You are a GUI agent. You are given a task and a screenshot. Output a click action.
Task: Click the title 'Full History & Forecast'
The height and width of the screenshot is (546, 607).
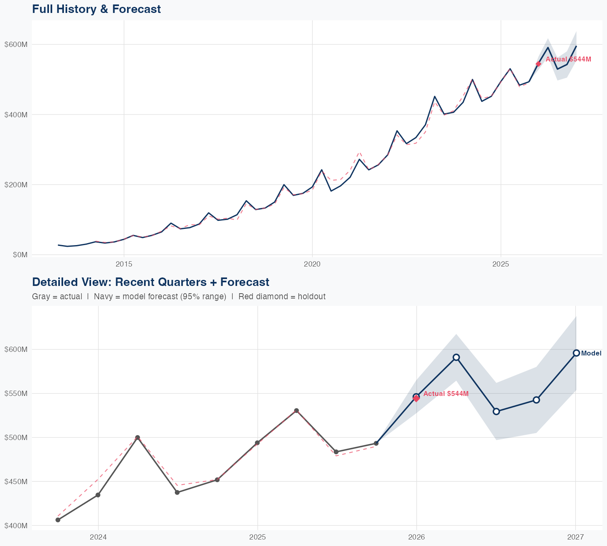pyautogui.click(x=96, y=9)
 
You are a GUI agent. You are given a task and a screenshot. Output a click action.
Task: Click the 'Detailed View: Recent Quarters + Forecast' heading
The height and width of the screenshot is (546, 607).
pyautogui.click(x=151, y=282)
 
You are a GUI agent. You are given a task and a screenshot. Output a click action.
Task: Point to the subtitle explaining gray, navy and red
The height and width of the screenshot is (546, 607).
pyautogui.click(x=178, y=297)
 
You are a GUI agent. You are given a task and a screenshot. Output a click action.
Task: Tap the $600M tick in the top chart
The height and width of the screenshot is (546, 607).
pyautogui.click(x=16, y=44)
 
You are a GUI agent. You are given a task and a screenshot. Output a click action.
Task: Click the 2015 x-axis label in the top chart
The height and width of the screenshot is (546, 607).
pyautogui.click(x=124, y=264)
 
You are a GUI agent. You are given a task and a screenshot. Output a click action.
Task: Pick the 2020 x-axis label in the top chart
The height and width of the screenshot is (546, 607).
pyautogui.click(x=312, y=264)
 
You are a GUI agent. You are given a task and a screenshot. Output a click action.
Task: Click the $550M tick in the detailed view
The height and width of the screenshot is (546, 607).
pyautogui.click(x=16, y=394)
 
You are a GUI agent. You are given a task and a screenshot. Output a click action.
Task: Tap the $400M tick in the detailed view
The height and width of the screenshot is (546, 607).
pyautogui.click(x=16, y=526)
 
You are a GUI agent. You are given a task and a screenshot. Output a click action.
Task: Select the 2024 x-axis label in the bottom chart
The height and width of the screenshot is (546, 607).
pyautogui.click(x=98, y=537)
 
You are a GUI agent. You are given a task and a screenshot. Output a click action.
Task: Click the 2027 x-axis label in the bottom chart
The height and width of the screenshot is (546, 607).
pyautogui.click(x=575, y=537)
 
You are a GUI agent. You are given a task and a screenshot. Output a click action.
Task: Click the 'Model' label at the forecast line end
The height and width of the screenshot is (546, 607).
pyautogui.click(x=591, y=353)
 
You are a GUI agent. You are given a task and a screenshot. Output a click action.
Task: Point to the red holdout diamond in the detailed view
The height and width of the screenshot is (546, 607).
pyautogui.click(x=416, y=399)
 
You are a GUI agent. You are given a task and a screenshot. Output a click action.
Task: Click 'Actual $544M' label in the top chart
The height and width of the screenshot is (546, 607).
pyautogui.click(x=568, y=59)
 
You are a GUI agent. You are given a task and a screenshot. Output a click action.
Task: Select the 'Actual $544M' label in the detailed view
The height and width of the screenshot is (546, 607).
pyautogui.click(x=446, y=394)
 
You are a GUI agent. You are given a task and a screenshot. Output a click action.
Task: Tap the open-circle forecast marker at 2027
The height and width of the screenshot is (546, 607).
pyautogui.click(x=576, y=353)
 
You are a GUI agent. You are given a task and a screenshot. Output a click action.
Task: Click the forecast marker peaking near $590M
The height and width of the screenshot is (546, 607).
pyautogui.click(x=456, y=357)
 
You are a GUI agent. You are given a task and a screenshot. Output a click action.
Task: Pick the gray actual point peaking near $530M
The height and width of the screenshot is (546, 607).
pyautogui.click(x=296, y=411)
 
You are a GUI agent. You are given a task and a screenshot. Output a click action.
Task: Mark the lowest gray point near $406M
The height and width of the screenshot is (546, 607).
pyautogui.click(x=58, y=520)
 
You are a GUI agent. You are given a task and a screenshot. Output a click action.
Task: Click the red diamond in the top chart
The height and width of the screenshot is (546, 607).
pyautogui.click(x=538, y=64)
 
